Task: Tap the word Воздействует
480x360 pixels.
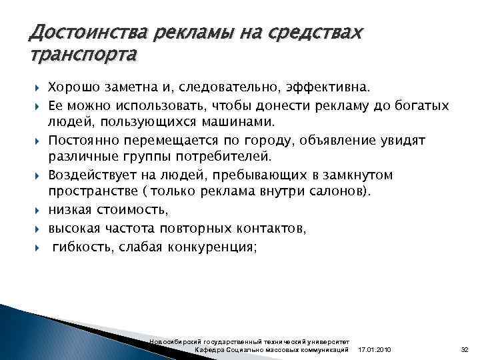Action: click(x=93, y=175)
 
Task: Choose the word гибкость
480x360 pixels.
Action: click(x=81, y=245)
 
